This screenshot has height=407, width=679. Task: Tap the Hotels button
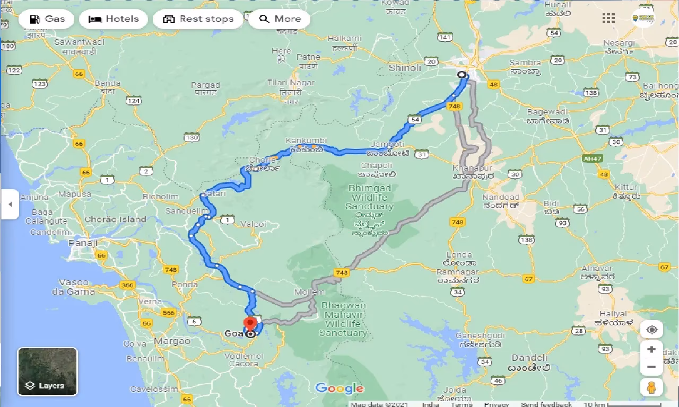click(113, 19)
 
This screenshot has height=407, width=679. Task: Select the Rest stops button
click(198, 19)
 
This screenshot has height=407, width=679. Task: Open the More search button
click(280, 19)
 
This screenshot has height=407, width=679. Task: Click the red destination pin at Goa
click(250, 324)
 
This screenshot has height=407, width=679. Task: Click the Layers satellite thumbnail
click(48, 371)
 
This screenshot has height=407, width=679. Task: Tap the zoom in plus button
click(651, 350)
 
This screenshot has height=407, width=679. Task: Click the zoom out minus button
click(651, 367)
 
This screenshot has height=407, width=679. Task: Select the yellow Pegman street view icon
click(651, 388)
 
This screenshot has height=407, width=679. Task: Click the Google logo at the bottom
click(339, 388)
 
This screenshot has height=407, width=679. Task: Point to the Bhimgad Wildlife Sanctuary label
click(371, 197)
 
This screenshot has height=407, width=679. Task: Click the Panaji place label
click(84, 243)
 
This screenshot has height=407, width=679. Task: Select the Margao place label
click(172, 341)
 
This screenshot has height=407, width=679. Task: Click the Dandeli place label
click(529, 358)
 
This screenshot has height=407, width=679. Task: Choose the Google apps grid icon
click(608, 19)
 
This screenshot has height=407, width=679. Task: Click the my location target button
click(651, 330)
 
